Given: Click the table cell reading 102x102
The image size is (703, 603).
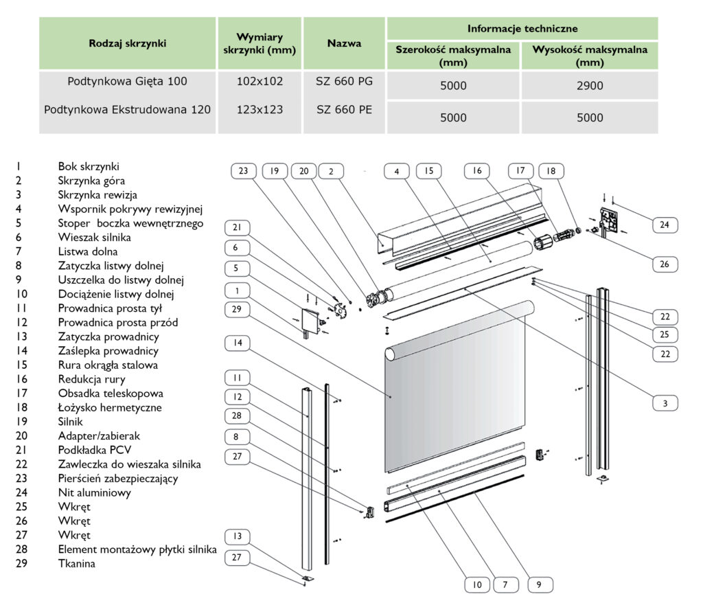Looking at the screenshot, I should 260,82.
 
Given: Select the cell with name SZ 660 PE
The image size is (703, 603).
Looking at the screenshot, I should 344,109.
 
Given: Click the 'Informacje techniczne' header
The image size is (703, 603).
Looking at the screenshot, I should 522,29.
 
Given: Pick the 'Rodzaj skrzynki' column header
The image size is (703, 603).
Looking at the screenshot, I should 128,43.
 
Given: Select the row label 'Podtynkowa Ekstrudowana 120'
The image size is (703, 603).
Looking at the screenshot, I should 128,109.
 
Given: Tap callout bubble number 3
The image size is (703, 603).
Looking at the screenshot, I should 665,403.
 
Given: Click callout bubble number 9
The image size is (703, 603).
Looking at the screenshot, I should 540,585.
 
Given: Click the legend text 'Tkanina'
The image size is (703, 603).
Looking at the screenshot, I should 77,564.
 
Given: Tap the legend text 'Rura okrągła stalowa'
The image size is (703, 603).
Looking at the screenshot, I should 108,365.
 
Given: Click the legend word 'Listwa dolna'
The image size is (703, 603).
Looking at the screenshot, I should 87,251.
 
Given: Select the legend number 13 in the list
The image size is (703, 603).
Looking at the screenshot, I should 20,337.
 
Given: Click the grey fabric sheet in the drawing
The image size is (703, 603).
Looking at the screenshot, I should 453,398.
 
